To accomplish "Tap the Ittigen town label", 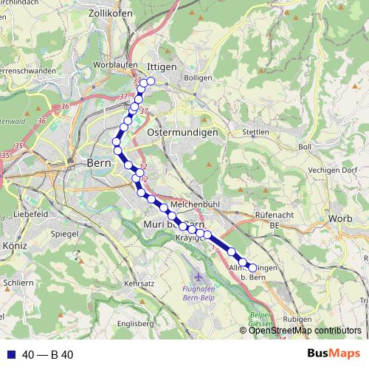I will (x=162, y=66).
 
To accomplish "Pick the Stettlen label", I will (x=256, y=132).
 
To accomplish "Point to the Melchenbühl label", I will (x=191, y=201).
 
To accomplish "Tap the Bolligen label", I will (x=199, y=77).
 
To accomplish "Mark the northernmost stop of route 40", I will (x=151, y=81).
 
